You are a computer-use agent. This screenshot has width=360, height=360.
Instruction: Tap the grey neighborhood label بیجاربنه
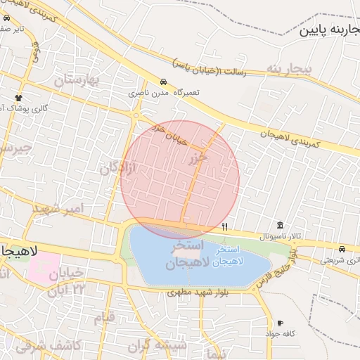click(288, 68)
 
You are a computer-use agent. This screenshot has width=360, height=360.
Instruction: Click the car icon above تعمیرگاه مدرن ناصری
click(163, 82)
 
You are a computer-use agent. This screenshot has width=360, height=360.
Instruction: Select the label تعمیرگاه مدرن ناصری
click(164, 93)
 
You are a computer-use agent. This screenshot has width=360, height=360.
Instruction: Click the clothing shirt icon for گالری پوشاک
click(19, 97)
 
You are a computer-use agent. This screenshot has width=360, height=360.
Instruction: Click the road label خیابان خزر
click(171, 134)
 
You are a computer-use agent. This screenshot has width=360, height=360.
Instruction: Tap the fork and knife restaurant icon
click(224, 226)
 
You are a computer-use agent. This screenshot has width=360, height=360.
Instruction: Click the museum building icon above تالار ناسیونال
click(281, 225)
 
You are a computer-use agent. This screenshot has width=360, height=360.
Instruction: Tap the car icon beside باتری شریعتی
click(342, 250)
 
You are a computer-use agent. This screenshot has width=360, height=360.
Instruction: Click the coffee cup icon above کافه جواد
click(281, 323)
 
